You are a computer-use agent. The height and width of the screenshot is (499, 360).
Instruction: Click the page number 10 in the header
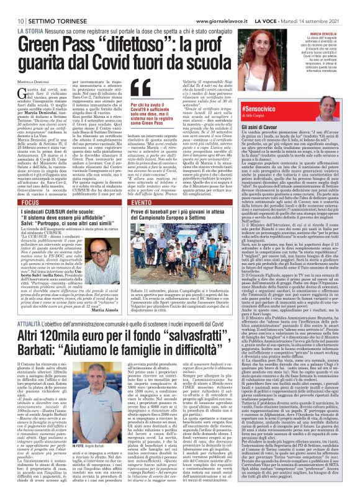tap(12, 6)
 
